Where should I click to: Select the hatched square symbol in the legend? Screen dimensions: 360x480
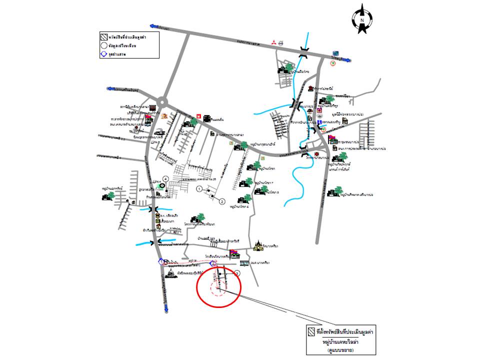(103, 36)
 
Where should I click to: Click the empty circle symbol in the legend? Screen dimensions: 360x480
(103, 45)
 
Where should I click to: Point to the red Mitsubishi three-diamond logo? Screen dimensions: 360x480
(273, 44)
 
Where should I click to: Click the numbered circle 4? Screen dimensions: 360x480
(165, 178)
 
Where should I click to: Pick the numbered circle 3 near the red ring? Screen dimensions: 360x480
(237, 273)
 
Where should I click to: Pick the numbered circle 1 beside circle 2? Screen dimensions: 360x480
(199, 189)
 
